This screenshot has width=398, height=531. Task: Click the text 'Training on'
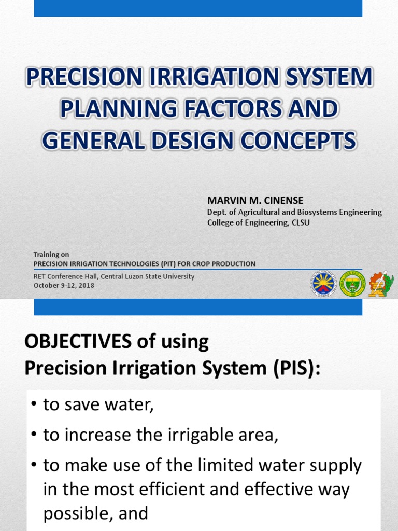[51, 255]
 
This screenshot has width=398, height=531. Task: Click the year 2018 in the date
[86, 285]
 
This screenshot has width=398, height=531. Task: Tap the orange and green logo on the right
[381, 284]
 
